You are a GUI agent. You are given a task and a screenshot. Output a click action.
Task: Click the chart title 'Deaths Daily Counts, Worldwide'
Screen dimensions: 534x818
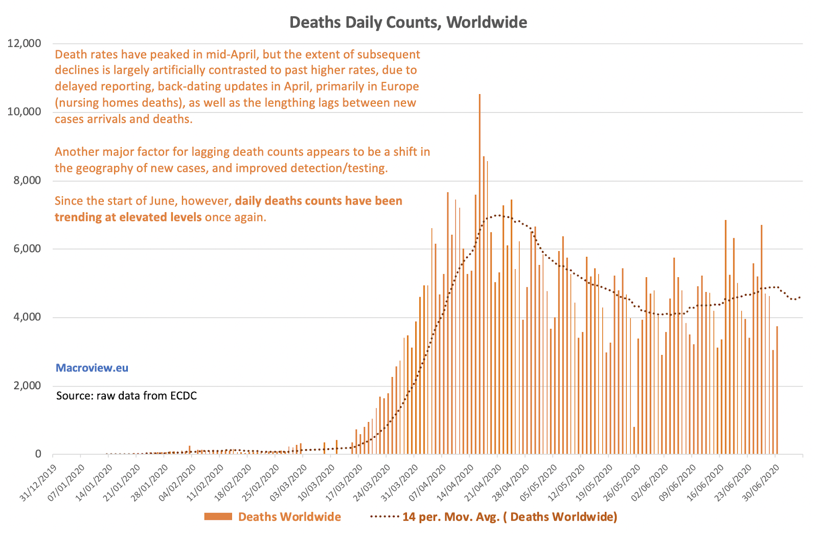(408, 23)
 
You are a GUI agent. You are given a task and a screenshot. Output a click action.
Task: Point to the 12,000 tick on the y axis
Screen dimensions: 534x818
(24, 43)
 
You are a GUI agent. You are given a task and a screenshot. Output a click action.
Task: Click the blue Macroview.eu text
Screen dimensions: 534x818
(92, 368)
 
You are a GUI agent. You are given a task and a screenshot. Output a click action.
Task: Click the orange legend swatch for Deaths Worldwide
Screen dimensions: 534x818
(218, 517)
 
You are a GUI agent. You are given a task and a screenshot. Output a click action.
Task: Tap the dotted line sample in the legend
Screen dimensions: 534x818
(384, 517)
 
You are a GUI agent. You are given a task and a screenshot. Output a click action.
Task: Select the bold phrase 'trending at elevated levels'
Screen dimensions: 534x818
(128, 217)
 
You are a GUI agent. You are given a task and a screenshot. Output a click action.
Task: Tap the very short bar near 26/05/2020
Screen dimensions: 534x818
(634, 440)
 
